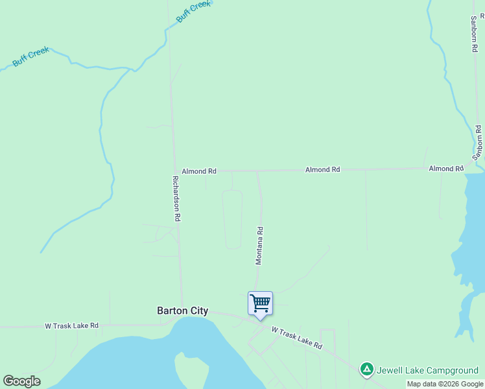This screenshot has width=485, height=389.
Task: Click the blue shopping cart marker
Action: click(260, 303)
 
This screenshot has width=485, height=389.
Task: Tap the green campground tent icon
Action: click(366, 370)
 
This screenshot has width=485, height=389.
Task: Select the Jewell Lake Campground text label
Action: click(427, 371)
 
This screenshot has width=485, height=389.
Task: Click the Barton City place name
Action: click(183, 311)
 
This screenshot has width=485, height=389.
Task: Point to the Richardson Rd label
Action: click(176, 198)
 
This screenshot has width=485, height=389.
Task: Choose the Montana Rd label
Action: click(259, 246)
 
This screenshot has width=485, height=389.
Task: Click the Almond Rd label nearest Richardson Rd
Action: click(199, 171)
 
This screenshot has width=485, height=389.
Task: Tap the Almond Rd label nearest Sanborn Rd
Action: click(446, 169)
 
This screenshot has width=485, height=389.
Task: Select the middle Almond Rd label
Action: click(323, 170)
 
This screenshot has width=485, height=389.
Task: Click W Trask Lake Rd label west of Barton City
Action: click(71, 325)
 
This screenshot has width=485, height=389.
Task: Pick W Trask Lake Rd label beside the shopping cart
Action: click(296, 338)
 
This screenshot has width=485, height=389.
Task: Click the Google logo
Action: click(22, 381)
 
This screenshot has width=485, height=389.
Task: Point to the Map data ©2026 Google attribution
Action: click(445, 384)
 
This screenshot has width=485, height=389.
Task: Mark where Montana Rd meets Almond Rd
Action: click(258, 172)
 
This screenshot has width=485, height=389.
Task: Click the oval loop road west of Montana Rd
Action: click(232, 219)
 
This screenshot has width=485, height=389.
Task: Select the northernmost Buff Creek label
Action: click(194, 12)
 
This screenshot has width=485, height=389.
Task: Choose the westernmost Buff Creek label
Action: click(30, 59)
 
